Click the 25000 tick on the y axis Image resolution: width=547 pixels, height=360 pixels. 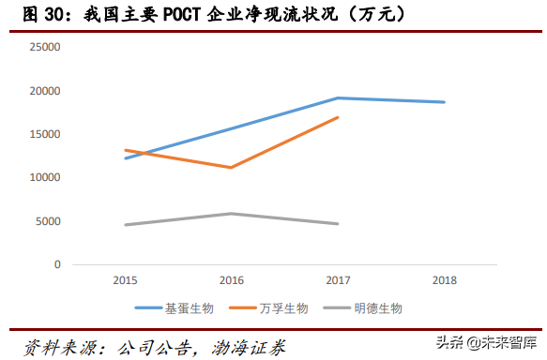coord(45,47)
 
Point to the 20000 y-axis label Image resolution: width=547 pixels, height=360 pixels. coord(45,91)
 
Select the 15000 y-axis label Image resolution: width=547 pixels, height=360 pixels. coord(45,134)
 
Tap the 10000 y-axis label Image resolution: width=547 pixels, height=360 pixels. coord(45,177)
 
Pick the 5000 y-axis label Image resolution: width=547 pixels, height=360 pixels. coord(48,221)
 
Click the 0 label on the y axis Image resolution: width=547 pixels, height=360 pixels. coord(57,264)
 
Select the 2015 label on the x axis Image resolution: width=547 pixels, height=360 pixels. coord(125,280)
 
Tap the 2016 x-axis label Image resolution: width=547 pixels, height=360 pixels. coord(232,280)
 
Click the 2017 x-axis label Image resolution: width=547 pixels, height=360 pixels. coord(338,280)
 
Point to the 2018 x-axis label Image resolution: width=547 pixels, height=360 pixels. coord(444,280)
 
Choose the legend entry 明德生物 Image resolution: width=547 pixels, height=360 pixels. coord(377,307)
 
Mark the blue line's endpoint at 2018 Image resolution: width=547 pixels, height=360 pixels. coord(445,102)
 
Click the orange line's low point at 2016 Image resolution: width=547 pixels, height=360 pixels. coord(232,168)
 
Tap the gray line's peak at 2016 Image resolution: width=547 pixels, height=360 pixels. coord(232,214)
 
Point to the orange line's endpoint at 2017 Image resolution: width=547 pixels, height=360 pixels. coord(338,117)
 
